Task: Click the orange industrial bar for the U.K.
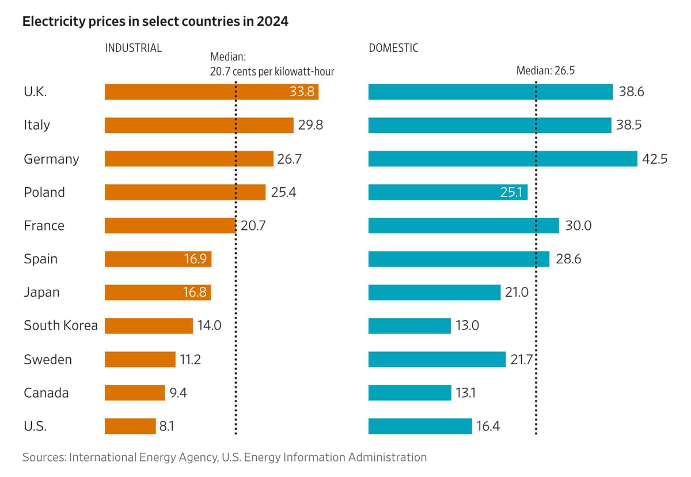point(196,92)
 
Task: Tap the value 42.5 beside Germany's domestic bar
point(655,159)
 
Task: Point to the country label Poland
point(44,192)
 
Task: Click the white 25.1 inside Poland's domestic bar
point(511,192)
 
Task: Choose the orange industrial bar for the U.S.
point(130,426)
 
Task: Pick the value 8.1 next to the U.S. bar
point(167,427)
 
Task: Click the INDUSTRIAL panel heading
point(133,48)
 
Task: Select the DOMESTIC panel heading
point(393,48)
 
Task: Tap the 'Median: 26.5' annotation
point(545,71)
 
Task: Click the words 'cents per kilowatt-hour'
point(288,71)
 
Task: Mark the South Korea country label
point(60,325)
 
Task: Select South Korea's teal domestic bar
point(409,325)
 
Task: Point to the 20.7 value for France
point(253,226)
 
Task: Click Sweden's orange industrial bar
point(140,359)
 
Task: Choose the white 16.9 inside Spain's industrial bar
point(195,259)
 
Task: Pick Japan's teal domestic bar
point(434,293)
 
